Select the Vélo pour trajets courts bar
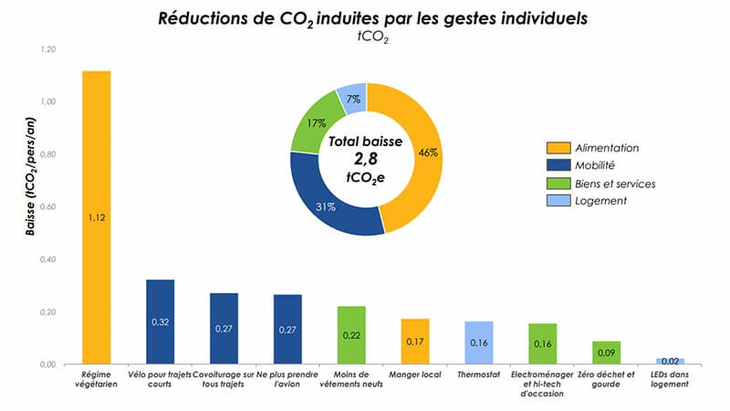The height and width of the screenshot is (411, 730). click(x=160, y=321)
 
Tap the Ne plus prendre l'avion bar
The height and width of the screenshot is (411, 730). click(x=287, y=329)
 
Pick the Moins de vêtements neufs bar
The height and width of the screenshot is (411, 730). click(x=351, y=335)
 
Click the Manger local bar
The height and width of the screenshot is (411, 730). click(x=415, y=342)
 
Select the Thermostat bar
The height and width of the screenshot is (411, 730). click(x=479, y=342)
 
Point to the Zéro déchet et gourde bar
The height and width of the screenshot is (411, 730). click(x=607, y=353)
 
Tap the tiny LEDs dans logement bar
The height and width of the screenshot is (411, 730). click(x=670, y=361)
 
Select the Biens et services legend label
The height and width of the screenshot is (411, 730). click(x=616, y=184)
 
